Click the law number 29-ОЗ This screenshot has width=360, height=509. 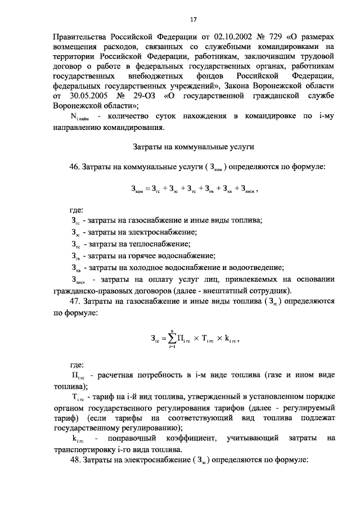pos(141,96)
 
